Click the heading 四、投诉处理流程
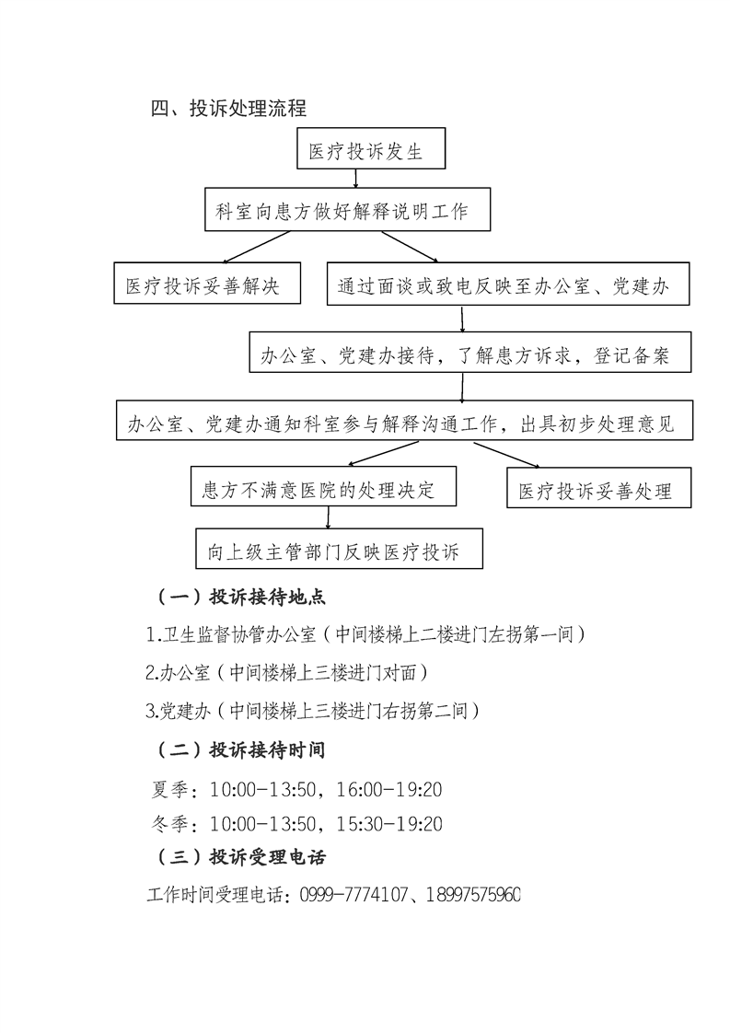point(228,108)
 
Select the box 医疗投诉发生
point(371,151)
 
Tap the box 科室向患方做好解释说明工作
point(346,211)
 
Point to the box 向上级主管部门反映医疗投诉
point(339,552)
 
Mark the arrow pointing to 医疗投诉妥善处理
point(504,455)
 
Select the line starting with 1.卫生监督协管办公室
point(365,634)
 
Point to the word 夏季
point(171,790)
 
